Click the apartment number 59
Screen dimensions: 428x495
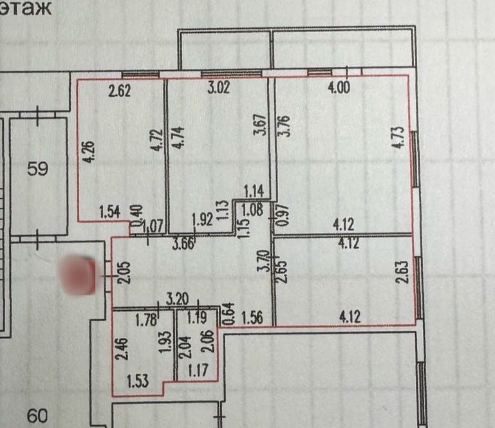click(39, 170)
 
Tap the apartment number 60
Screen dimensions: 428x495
click(39, 416)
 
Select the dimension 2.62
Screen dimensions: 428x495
click(119, 91)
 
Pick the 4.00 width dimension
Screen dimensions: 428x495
click(339, 89)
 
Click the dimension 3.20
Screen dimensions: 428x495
click(178, 299)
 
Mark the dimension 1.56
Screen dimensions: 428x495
click(253, 316)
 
